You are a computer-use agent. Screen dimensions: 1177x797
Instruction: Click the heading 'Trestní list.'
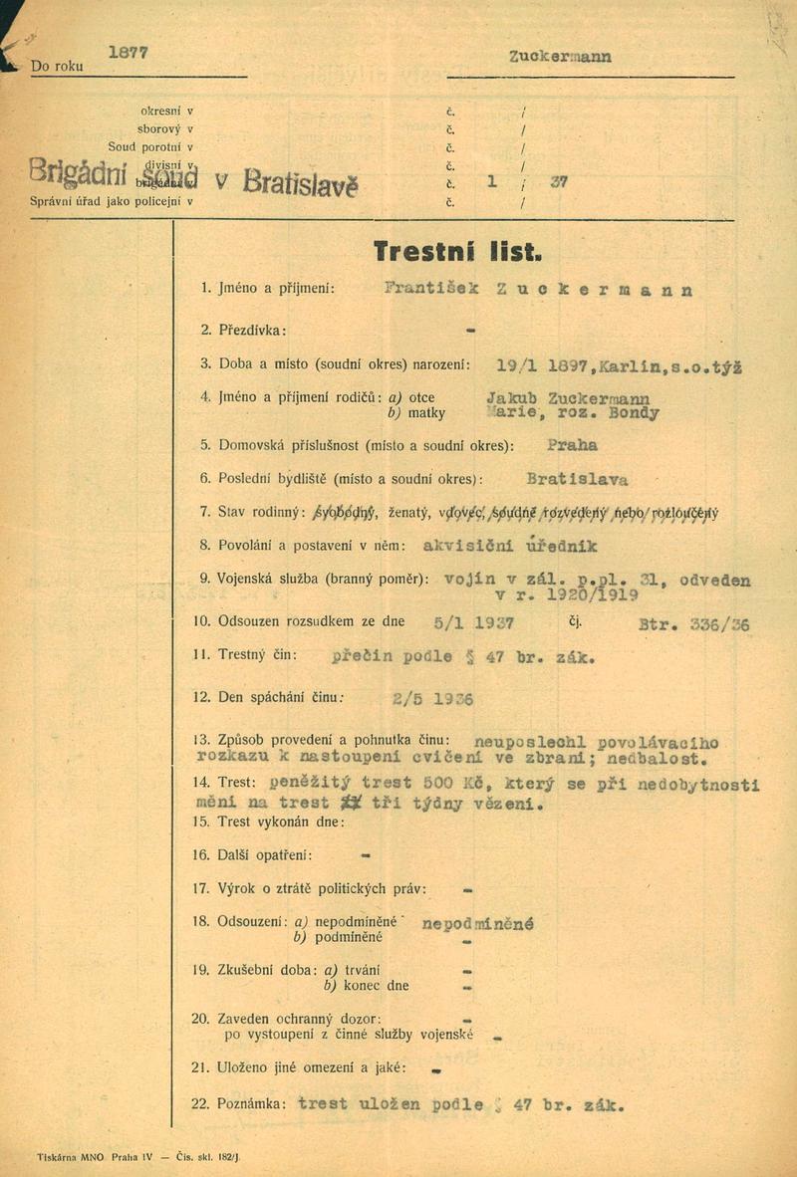[457, 251]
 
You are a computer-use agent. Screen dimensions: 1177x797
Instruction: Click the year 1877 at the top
[128, 54]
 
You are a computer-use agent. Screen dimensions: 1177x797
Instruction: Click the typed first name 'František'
[431, 289]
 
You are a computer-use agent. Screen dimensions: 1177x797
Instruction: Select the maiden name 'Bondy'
[633, 413]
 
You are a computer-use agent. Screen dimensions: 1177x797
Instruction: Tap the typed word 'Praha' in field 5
[573, 445]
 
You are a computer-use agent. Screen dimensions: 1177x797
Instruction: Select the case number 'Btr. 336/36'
[693, 625]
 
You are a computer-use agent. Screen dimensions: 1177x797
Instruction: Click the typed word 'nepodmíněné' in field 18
[478, 923]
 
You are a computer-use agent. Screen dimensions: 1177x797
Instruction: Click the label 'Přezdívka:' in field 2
[251, 329]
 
